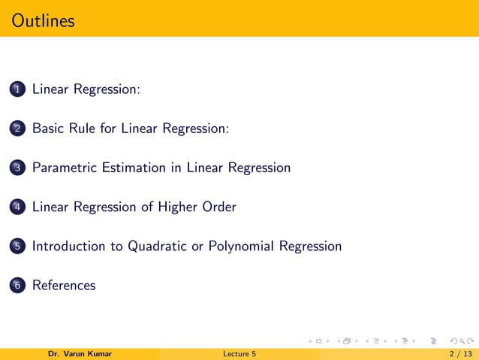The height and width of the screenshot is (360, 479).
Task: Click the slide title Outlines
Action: click(x=44, y=20)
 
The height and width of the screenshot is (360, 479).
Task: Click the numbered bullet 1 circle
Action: click(x=17, y=89)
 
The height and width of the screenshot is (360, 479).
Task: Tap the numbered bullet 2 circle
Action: click(x=17, y=129)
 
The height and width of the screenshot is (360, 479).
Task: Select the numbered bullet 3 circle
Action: click(x=17, y=168)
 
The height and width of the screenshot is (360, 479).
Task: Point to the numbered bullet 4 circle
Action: click(x=17, y=207)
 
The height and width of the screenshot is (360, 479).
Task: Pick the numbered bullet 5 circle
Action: click(x=17, y=247)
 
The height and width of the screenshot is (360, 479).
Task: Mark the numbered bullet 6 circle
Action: click(x=17, y=286)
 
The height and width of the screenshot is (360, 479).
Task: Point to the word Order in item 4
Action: click(x=219, y=207)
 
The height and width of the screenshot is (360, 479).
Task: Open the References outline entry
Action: click(x=64, y=286)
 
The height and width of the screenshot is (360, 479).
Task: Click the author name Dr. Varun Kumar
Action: click(x=80, y=354)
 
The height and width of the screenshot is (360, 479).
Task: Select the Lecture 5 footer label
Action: click(x=239, y=354)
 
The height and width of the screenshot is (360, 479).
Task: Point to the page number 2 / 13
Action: click(x=458, y=354)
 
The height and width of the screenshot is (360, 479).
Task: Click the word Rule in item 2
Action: click(x=80, y=129)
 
